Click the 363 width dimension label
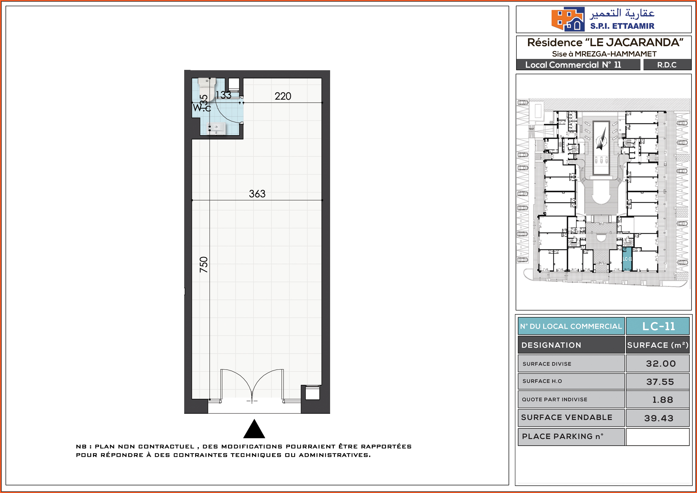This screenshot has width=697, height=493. [257, 194]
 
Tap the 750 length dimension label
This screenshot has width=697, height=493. [204, 265]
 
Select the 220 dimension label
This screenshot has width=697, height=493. [283, 96]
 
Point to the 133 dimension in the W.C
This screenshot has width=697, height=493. [223, 95]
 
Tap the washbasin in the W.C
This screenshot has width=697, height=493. [216, 128]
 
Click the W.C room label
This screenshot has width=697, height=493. [202, 108]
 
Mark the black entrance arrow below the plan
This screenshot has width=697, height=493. [254, 429]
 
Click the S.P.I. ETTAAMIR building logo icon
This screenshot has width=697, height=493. [568, 19]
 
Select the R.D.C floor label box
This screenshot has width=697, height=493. [667, 65]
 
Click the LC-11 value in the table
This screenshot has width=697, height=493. [658, 326]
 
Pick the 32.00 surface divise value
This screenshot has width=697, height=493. [661, 364]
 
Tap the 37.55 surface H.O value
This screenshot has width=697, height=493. [660, 382]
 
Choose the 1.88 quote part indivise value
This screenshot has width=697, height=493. [663, 400]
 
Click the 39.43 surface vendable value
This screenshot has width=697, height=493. [659, 418]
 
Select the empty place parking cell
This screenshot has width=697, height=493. [657, 437]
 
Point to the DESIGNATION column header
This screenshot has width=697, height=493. [551, 345]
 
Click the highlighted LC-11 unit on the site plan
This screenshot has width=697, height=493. [627, 259]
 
